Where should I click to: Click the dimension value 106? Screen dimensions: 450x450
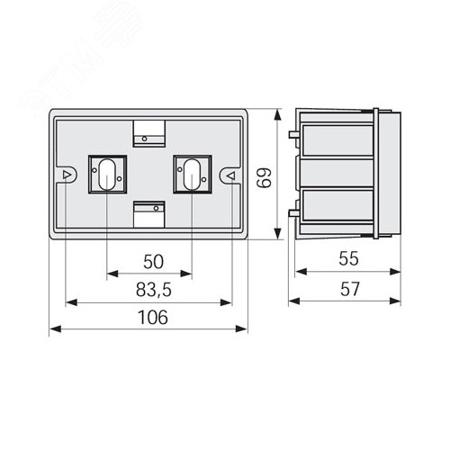pos(153,318)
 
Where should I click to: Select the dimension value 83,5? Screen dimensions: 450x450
pos(154,290)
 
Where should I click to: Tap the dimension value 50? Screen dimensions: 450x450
pos(153,262)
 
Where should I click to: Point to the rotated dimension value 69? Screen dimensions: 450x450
pos(265,177)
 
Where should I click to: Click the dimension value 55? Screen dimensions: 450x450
pos(348,258)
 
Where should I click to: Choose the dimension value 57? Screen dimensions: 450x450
pos(350,289)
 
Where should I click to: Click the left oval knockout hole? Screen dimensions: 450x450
pos(107,175)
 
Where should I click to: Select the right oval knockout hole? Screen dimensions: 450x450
pos(192,175)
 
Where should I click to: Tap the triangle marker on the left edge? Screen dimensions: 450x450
pos(67,175)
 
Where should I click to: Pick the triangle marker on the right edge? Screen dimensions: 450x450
pos(231,175)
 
